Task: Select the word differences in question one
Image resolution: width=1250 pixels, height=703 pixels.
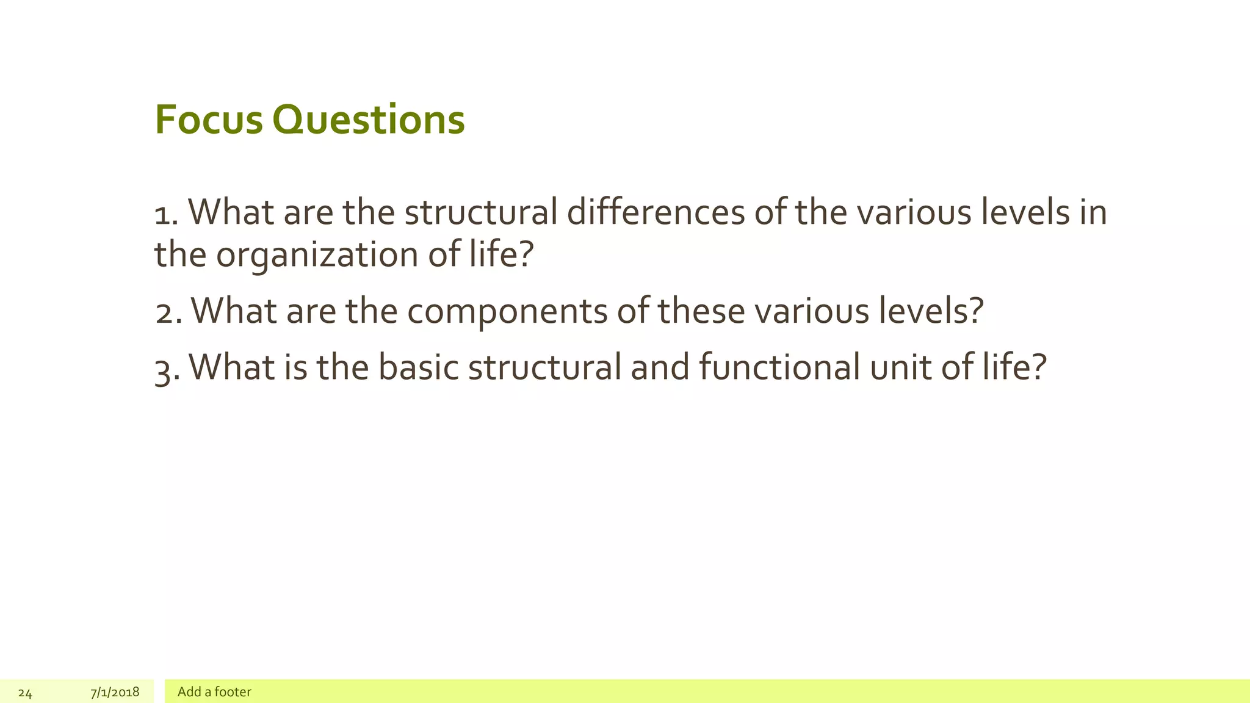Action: [x=656, y=212]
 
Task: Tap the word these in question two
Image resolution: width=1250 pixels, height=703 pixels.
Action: [x=701, y=311]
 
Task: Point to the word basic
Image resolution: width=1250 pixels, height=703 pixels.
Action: [x=418, y=367]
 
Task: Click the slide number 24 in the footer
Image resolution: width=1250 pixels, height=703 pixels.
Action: [x=25, y=693]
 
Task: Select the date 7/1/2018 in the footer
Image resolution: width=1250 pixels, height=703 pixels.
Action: [x=115, y=692]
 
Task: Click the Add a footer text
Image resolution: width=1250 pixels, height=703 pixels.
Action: [x=214, y=692]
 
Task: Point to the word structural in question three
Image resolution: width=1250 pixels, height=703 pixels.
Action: [x=544, y=367]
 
